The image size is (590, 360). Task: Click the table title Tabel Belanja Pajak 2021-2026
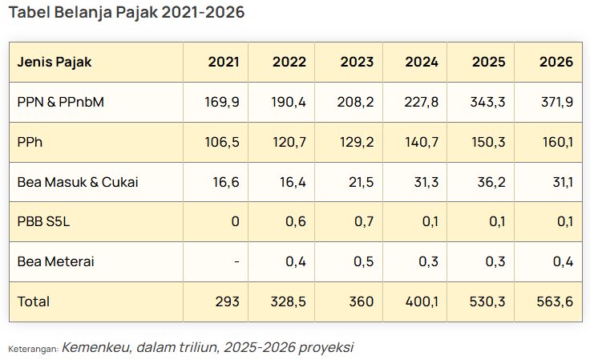point(126,13)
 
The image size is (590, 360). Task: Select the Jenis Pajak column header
point(55,62)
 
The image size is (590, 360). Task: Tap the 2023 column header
point(357,62)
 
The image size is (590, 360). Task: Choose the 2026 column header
point(556,62)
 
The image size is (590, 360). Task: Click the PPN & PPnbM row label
point(61,102)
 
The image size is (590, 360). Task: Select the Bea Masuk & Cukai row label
point(78,182)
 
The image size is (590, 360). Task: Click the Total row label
point(33,301)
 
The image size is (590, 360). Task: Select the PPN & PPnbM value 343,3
point(489,102)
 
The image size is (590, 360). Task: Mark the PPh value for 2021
point(222,142)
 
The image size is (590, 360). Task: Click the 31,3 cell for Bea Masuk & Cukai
point(423,182)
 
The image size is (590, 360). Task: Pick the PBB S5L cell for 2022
point(296,221)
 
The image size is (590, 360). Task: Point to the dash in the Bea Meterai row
point(235,261)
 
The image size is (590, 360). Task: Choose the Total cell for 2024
point(422,301)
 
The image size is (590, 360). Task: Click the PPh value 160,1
point(557,142)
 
